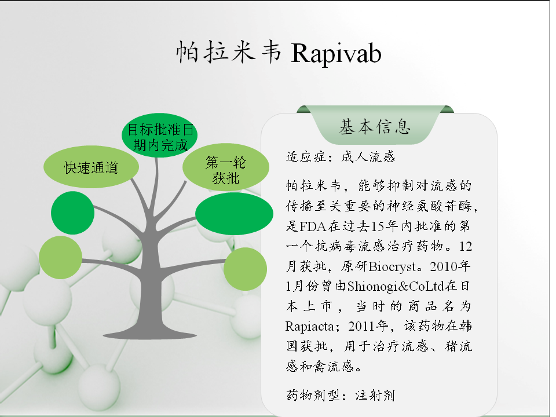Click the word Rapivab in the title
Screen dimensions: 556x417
tap(336, 53)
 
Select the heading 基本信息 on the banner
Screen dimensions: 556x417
tap(375, 127)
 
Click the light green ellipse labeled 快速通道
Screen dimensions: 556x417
tap(91, 167)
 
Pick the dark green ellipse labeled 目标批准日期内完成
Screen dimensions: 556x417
tap(160, 136)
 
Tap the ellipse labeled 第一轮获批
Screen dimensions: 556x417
tap(226, 167)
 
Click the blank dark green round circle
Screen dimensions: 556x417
tap(73, 213)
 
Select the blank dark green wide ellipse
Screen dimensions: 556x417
tap(235, 214)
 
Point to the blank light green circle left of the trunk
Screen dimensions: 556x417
tap(61, 257)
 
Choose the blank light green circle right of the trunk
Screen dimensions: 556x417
tap(246, 269)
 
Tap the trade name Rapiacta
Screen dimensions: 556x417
tap(309, 326)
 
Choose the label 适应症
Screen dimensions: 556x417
tap(306, 156)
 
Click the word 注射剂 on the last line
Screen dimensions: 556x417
tap(375, 395)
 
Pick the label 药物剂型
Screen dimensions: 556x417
tap(313, 395)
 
